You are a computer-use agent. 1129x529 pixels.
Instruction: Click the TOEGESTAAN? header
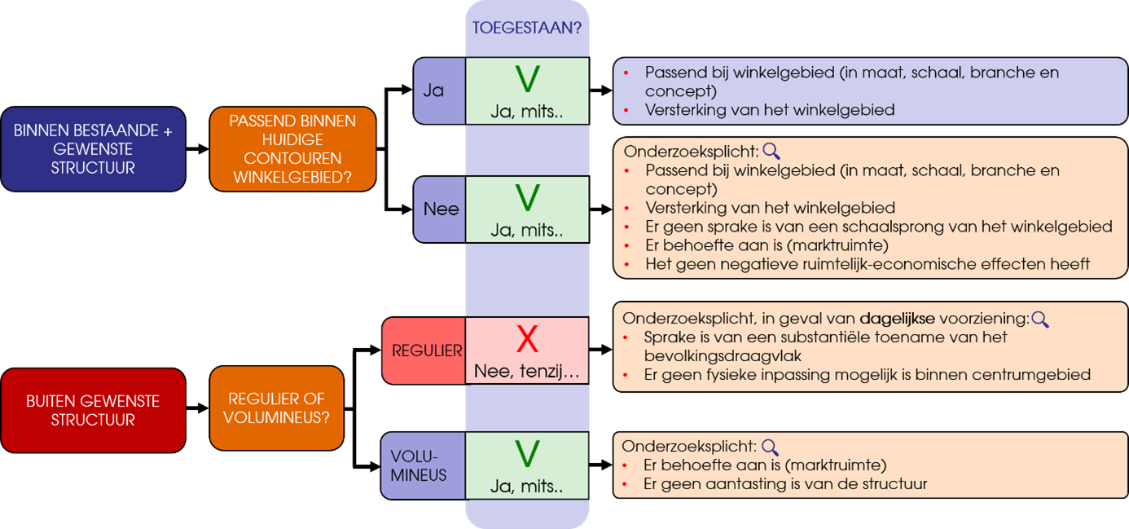[527, 27]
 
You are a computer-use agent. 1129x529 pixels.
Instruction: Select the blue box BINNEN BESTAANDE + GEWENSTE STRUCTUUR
[93, 149]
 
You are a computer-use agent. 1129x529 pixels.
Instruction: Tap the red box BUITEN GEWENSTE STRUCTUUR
[93, 411]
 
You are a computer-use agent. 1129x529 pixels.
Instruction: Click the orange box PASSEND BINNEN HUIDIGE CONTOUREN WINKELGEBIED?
[292, 149]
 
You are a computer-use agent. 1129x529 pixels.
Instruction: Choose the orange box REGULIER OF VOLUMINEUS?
[276, 408]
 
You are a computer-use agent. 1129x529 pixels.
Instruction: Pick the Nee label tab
[441, 209]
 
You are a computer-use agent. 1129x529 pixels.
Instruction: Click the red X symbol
[528, 339]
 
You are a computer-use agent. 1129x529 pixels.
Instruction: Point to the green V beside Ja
[528, 79]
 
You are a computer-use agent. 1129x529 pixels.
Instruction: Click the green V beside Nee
[528, 198]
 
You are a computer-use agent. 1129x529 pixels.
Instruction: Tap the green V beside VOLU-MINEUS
[528, 454]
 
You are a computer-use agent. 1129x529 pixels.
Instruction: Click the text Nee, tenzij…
[527, 372]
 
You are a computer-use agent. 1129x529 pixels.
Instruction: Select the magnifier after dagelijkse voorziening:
[1039, 319]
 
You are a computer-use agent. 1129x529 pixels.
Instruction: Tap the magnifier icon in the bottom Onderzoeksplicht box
[769, 447]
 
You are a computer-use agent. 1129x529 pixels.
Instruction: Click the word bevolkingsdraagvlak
[721, 356]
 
